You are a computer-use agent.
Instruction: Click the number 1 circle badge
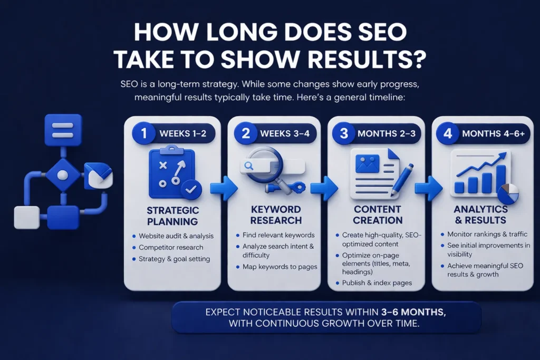click(x=140, y=133)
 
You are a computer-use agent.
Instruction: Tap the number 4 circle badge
click(x=448, y=133)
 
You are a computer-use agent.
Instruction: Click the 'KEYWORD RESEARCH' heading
click(x=276, y=215)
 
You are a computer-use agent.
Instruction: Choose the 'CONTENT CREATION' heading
click(x=378, y=215)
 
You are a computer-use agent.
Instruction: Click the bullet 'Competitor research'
click(x=171, y=247)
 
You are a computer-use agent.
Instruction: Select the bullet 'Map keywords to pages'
click(x=280, y=267)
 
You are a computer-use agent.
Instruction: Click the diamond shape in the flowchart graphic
click(x=63, y=174)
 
